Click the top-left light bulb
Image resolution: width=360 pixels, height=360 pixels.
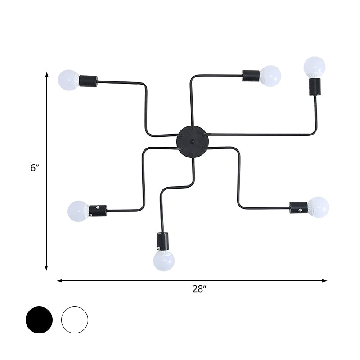point(68,80)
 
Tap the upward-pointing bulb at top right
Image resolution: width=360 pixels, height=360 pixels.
point(314,67)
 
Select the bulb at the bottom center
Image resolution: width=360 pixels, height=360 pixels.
point(163,260)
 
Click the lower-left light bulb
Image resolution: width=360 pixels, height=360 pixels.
point(78,211)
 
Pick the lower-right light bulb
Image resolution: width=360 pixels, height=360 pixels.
point(319,207)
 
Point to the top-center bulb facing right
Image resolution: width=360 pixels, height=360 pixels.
point(270,76)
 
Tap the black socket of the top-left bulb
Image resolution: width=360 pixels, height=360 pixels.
point(88,81)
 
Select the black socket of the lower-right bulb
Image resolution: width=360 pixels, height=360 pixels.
point(298,207)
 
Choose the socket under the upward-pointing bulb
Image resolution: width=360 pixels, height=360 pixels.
point(314,86)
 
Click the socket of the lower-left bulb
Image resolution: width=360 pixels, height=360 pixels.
point(98,211)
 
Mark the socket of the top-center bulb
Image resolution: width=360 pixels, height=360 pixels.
point(251,75)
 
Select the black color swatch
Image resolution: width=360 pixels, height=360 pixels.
point(39,320)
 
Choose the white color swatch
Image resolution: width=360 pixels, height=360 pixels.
point(75,320)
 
